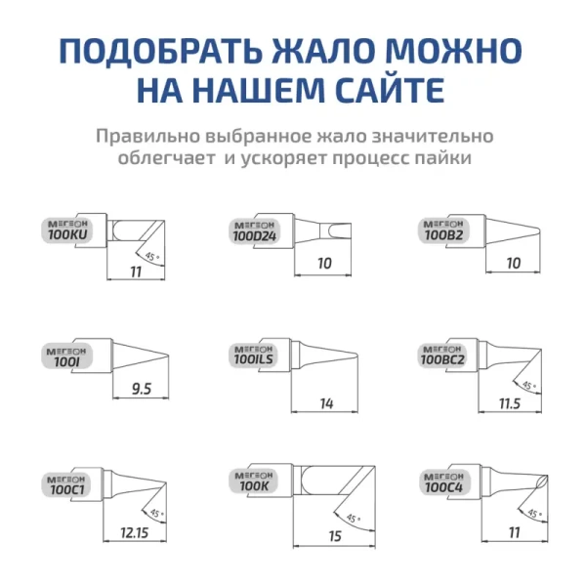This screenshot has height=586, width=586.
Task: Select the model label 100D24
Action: (x=255, y=235)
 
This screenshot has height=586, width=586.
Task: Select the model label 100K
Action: (x=254, y=485)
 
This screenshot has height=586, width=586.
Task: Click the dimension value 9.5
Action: (x=141, y=390)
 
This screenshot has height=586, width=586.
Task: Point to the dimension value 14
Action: (x=325, y=403)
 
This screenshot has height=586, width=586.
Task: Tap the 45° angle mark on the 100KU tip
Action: (x=149, y=257)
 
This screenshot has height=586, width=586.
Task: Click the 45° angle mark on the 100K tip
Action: (x=351, y=519)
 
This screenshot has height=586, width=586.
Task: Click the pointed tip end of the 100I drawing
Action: (x=168, y=354)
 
